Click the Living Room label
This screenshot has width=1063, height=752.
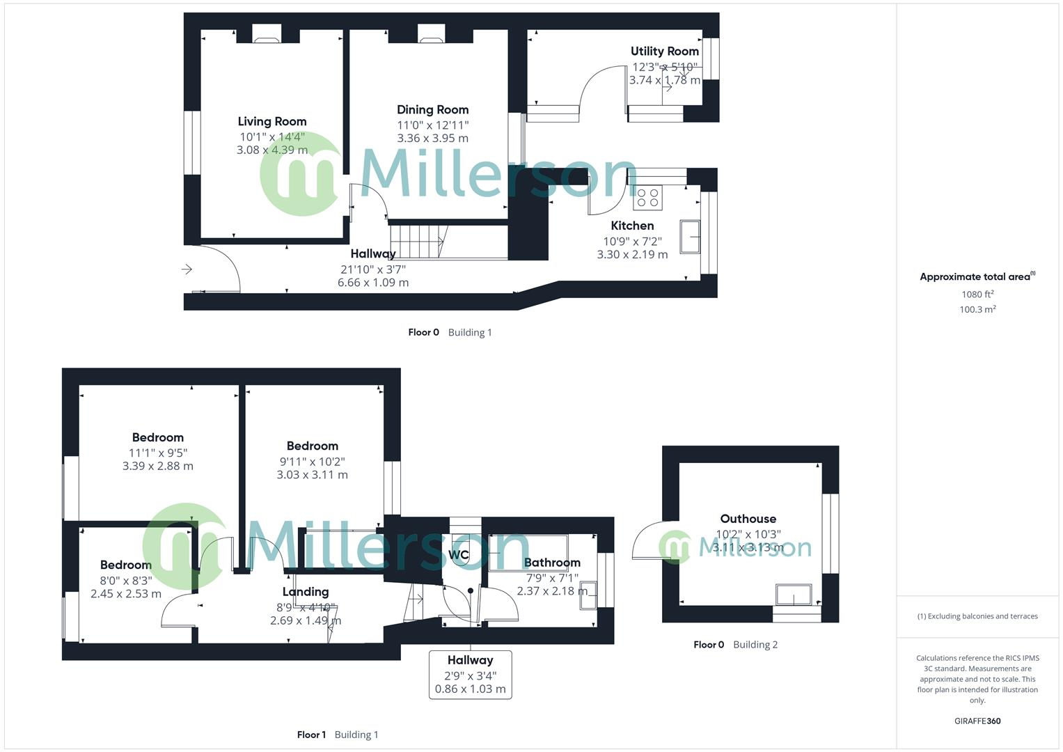pyautogui.click(x=271, y=121)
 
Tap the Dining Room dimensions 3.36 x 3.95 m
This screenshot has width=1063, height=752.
pyautogui.click(x=432, y=138)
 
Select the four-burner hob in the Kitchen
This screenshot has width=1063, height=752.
pyautogui.click(x=647, y=198)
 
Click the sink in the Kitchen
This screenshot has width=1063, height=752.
pyautogui.click(x=689, y=236)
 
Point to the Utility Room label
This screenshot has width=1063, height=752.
pyautogui.click(x=664, y=51)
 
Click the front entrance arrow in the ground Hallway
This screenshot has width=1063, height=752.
pyautogui.click(x=187, y=269)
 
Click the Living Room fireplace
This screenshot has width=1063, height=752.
pyautogui.click(x=266, y=34)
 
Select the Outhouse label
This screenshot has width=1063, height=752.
pyautogui.click(x=748, y=519)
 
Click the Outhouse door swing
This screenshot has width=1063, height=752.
pyautogui.click(x=645, y=544)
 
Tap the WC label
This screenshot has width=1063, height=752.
pyautogui.click(x=459, y=555)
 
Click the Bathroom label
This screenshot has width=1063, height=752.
pyautogui.click(x=552, y=563)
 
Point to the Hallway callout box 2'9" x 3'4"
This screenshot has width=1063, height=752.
pyautogui.click(x=470, y=675)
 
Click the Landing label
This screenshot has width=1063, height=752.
pyautogui.click(x=306, y=592)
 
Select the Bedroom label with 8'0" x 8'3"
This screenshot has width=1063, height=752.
pyautogui.click(x=125, y=565)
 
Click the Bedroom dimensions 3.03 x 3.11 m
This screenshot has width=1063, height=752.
pyautogui.click(x=312, y=475)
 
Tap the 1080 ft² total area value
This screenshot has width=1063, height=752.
pyautogui.click(x=977, y=295)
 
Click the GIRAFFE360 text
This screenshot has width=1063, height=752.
pyautogui.click(x=977, y=721)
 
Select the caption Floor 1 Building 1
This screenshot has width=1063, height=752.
pyautogui.click(x=338, y=735)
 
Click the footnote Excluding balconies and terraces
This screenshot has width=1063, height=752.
pyautogui.click(x=977, y=616)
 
